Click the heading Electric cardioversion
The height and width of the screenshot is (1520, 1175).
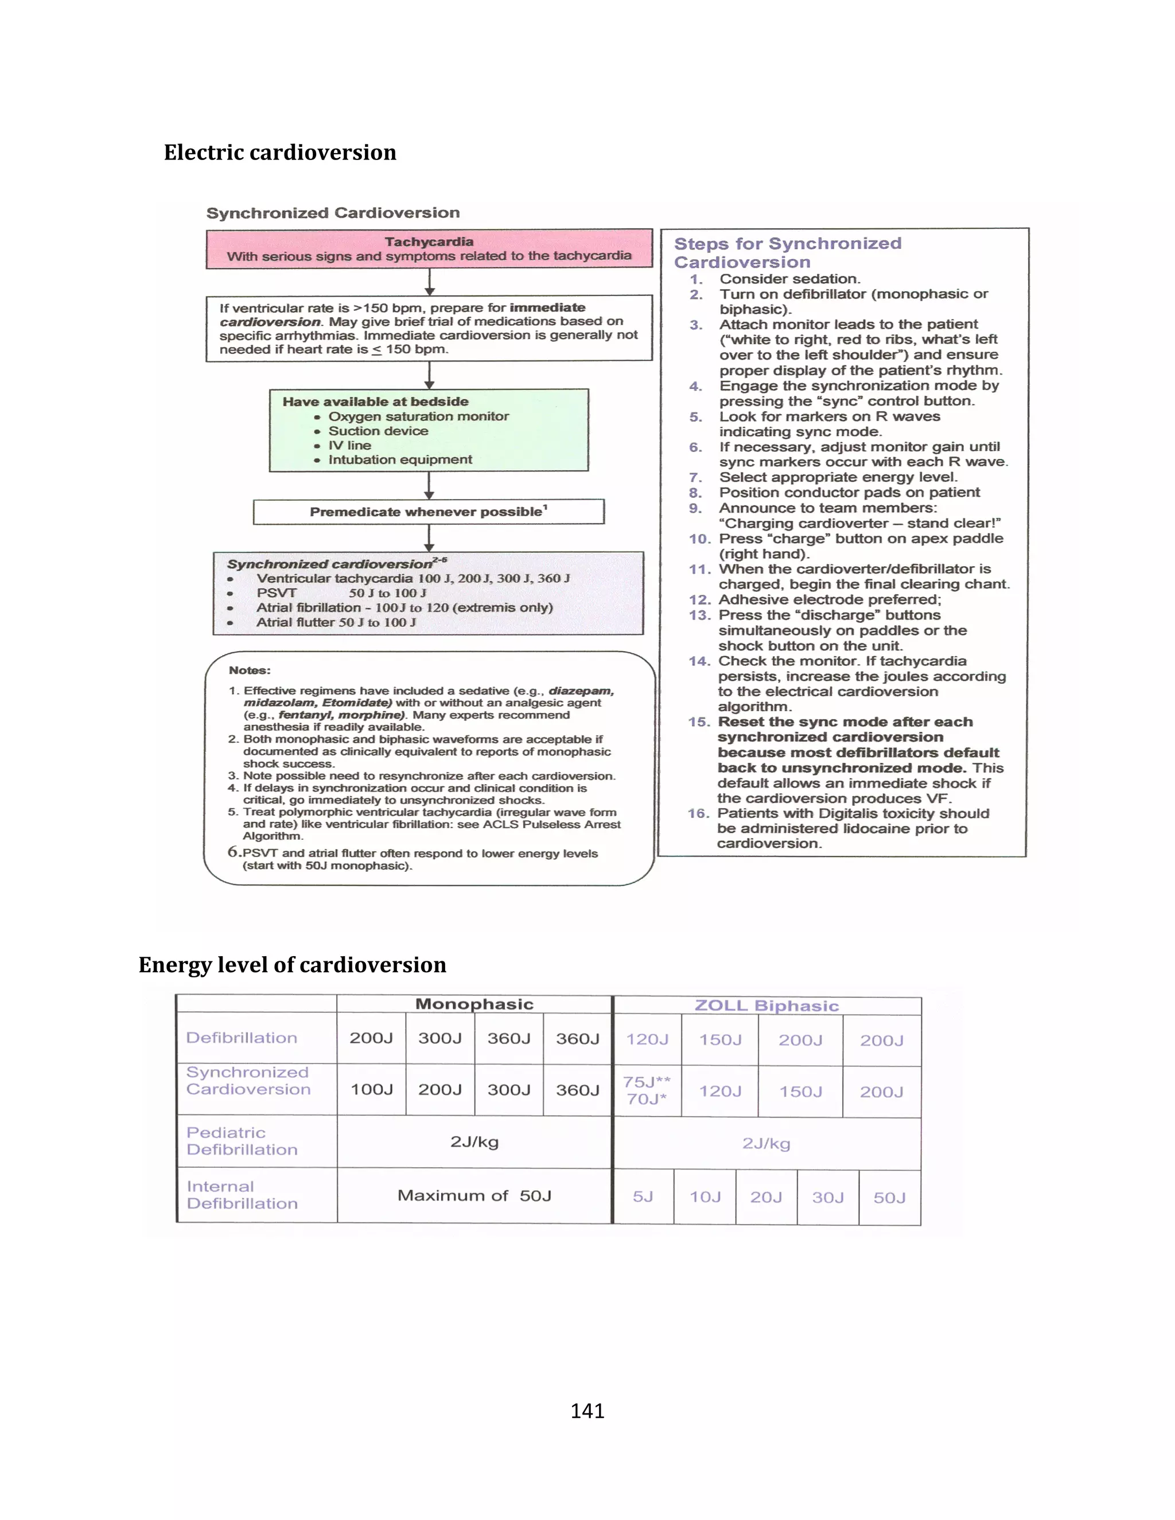280,153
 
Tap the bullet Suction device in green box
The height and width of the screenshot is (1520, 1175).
378,431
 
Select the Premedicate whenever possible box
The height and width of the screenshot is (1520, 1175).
428,512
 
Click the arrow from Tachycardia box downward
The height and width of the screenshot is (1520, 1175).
430,282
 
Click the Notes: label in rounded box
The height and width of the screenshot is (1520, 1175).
249,670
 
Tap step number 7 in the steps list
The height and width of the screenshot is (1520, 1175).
695,477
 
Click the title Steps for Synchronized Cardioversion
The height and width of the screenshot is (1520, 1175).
787,252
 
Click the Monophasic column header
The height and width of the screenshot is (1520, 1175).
474,1004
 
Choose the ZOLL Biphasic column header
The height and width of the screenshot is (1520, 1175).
767,1005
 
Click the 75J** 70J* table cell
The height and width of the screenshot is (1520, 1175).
647,1090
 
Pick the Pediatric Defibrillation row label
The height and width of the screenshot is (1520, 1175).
242,1141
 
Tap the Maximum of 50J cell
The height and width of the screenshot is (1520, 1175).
474,1196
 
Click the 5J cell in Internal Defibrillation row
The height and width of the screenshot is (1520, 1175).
643,1197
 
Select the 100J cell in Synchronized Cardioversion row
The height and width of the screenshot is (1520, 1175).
371,1089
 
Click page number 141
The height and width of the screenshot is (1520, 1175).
587,1411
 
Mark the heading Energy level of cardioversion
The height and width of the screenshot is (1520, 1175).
293,965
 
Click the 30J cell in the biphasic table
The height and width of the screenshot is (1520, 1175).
828,1197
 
